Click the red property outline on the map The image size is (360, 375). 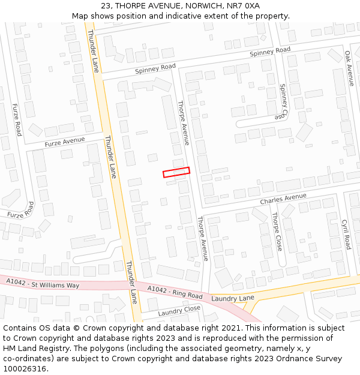tap(176, 172)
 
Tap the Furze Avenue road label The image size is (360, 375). tap(65, 142)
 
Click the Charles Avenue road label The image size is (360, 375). tap(283, 199)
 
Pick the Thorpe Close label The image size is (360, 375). tap(276, 231)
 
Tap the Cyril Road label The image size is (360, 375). tap(346, 234)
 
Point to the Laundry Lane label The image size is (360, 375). tap(233, 298)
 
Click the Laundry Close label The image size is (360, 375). tap(179, 311)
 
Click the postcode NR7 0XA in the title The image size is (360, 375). tap(244, 5)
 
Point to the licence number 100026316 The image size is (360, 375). tap(25, 369)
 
